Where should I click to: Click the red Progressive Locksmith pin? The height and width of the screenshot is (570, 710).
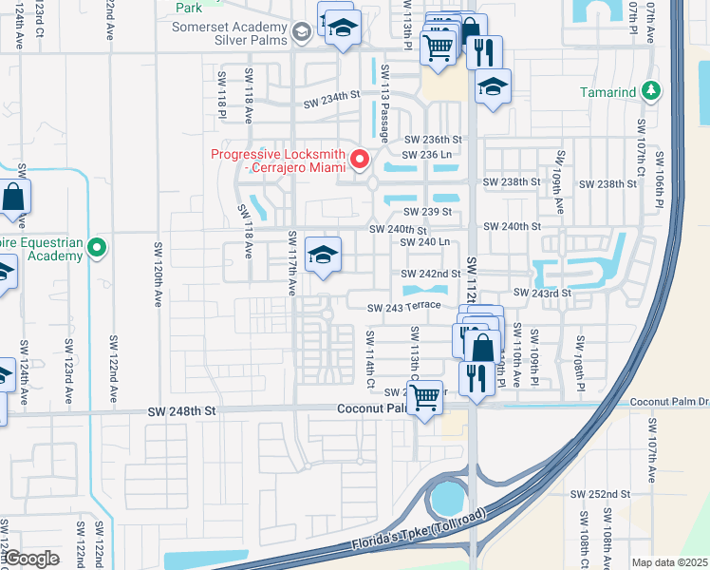tap(360, 160)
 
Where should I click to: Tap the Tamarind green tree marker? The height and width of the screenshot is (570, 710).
tap(650, 91)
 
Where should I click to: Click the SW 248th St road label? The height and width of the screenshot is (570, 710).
tap(183, 411)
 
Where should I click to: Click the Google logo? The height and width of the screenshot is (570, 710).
tap(32, 559)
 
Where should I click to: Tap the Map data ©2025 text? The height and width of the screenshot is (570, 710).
tap(668, 562)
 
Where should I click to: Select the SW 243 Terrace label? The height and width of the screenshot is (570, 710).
tap(405, 305)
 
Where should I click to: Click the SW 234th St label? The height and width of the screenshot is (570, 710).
tap(332, 97)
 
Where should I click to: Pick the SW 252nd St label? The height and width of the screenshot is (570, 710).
tap(600, 494)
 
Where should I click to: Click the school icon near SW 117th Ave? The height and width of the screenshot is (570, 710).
tap(323, 255)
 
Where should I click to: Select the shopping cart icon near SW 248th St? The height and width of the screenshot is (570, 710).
tap(426, 395)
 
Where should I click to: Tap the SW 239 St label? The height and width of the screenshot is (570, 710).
tap(425, 212)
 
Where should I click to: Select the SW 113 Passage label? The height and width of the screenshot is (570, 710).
tap(384, 103)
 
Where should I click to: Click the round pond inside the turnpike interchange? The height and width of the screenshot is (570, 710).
tap(445, 498)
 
